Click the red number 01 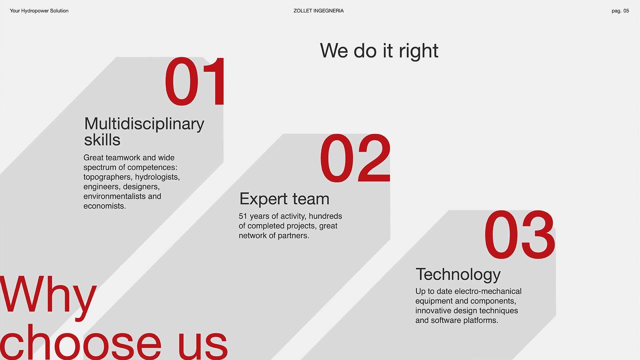click(x=194, y=81)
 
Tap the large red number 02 click(x=355, y=158)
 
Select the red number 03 click(x=520, y=234)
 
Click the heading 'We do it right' click(x=379, y=51)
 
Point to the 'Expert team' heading click(x=284, y=199)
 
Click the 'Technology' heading click(x=458, y=274)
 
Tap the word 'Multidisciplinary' click(x=144, y=124)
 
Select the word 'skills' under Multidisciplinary click(x=102, y=140)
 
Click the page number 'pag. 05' click(x=620, y=11)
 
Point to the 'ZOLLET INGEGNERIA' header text click(x=318, y=11)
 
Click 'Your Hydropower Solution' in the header click(x=39, y=11)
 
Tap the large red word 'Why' click(x=48, y=295)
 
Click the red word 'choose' click(x=81, y=342)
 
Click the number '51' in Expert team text click(x=242, y=216)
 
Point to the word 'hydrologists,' click(x=158, y=178)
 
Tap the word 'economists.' click(x=104, y=206)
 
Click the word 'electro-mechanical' click(x=488, y=291)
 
